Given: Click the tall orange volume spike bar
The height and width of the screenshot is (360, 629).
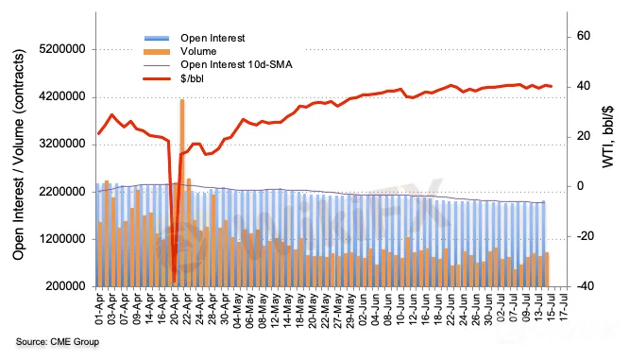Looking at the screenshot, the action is tap(182, 193).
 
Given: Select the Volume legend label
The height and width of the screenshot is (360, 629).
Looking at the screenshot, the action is tap(198, 51).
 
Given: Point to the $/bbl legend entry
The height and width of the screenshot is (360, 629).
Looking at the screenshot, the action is tap(192, 78).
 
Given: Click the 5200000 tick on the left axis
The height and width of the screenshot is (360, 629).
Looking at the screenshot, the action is tap(62, 49).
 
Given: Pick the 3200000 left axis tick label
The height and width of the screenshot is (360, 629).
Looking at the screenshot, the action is tap(62, 144).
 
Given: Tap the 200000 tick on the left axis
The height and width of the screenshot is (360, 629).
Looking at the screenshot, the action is tap(65, 286).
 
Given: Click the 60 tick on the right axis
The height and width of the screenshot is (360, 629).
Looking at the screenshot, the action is tap(584, 36).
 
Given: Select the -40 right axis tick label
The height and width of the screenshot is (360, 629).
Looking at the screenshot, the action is tap(585, 286).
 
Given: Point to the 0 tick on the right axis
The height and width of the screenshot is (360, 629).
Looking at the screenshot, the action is tap(580, 187).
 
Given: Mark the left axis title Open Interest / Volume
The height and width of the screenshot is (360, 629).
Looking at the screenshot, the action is tap(19, 155).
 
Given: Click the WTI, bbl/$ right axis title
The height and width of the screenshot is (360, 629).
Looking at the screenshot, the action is tap(607, 137).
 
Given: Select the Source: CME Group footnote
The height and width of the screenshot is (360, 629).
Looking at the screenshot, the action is tap(58, 342).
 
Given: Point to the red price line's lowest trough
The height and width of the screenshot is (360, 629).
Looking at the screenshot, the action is tap(174, 282).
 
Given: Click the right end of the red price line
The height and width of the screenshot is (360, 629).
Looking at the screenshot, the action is tap(552, 86).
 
